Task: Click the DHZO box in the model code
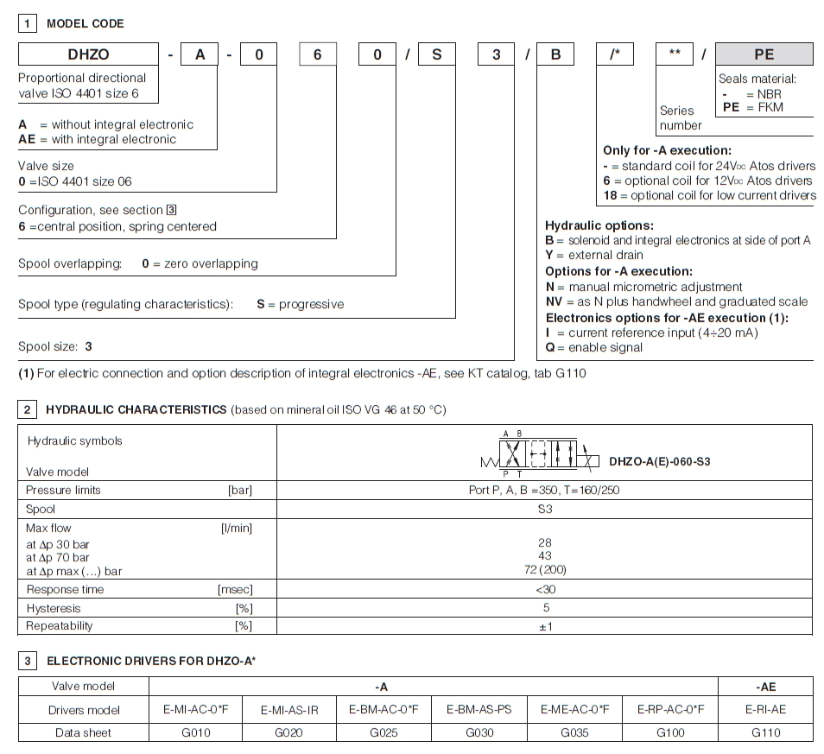[88, 54]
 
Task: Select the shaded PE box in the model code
[764, 54]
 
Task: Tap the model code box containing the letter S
[437, 54]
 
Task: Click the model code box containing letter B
[556, 54]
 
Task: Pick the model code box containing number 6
[317, 54]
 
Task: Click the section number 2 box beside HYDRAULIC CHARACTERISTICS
[28, 408]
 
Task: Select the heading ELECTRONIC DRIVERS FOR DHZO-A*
[151, 661]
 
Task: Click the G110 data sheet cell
[764, 732]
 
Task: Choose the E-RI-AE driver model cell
[764, 709]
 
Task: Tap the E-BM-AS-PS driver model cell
[479, 709]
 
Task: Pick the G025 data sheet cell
[384, 732]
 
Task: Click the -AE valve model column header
[764, 686]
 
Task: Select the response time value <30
[544, 589]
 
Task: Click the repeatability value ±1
[544, 626]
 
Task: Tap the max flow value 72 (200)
[544, 569]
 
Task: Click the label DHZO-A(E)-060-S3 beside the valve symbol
[659, 462]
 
